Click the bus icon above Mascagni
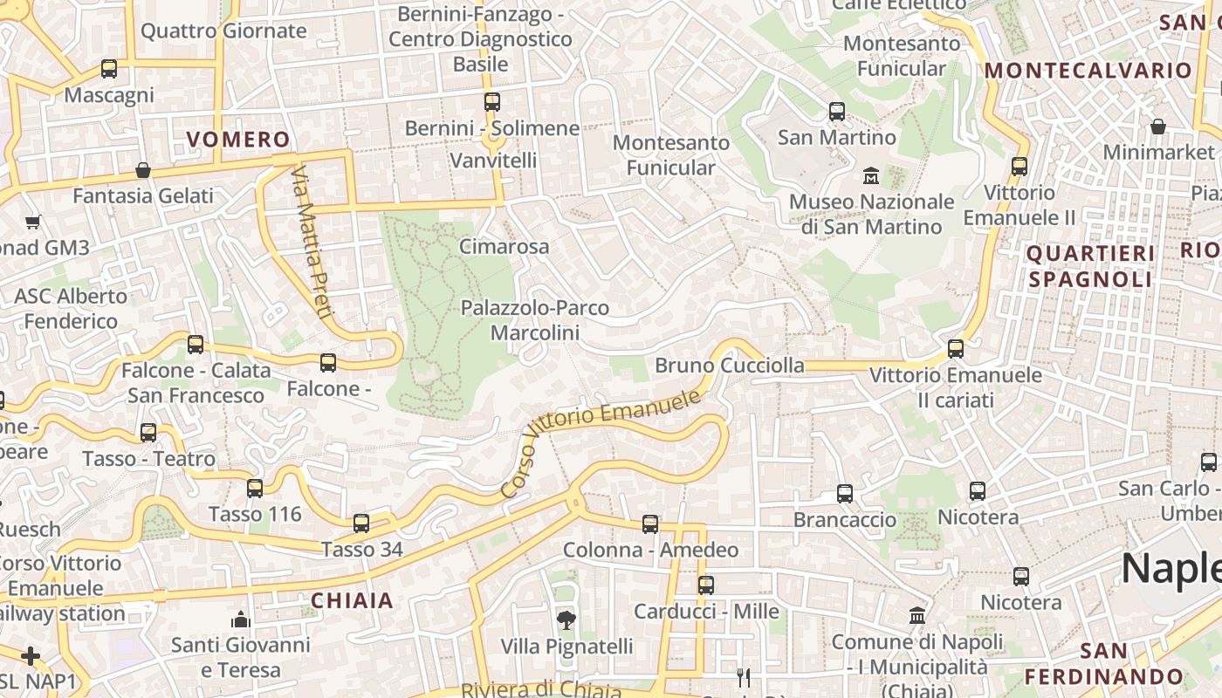[x=109, y=69]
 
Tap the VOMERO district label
[x=238, y=140]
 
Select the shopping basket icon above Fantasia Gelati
[x=143, y=170]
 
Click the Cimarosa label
[x=505, y=246]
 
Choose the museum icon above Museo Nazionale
[x=870, y=177]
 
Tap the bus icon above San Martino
[x=837, y=112]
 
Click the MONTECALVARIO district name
[x=1088, y=71]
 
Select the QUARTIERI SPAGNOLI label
[x=1090, y=266]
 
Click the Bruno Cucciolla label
[x=730, y=365]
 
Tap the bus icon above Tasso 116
[x=255, y=489]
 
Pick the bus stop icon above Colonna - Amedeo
[x=650, y=524]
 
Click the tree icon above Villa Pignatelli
[x=566, y=620]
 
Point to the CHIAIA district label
[x=353, y=600]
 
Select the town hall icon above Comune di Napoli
[x=916, y=616]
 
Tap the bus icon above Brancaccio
[x=845, y=494]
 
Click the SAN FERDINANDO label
[x=1103, y=664]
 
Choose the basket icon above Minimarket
[x=1158, y=127]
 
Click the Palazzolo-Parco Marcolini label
[x=535, y=320]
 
